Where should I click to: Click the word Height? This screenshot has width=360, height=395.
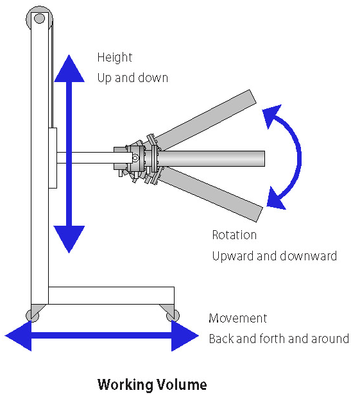tap(115, 58)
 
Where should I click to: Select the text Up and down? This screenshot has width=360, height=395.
tap(133, 78)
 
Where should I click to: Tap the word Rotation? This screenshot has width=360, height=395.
tap(234, 235)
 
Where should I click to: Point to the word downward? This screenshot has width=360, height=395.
tap(308, 256)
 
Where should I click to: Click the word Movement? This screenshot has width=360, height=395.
tap(237, 318)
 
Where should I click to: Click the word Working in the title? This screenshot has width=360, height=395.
tap(126, 385)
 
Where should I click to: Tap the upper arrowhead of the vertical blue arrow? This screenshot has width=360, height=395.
tap(69, 69)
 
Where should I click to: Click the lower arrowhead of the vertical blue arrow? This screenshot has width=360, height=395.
tap(69, 239)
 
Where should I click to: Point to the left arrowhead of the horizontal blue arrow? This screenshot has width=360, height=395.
tap(19, 335)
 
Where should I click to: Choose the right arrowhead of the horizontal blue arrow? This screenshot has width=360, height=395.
tap(185, 335)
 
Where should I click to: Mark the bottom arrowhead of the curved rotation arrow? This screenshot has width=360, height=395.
tap(275, 199)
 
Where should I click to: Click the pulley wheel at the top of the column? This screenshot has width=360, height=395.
tap(40, 19)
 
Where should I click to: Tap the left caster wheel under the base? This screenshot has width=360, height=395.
tap(33, 315)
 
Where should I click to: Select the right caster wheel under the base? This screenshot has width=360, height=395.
tap(173, 315)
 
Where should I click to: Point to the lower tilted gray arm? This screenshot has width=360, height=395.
tap(210, 194)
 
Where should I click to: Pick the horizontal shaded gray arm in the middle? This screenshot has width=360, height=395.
tap(211, 159)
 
